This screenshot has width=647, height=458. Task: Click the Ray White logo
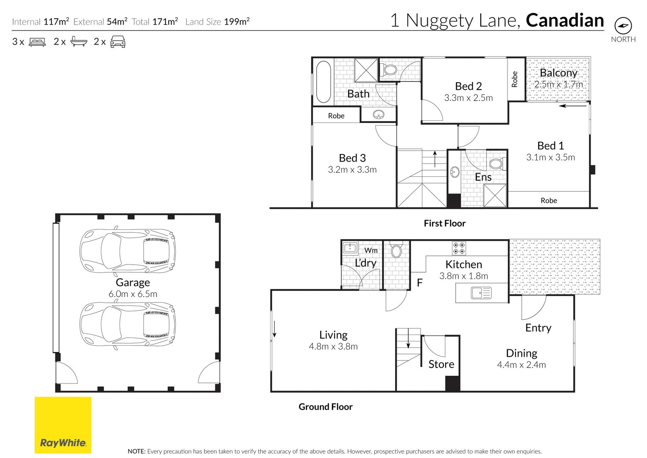pos(63,425)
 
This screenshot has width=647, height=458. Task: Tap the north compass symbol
pos(623,26)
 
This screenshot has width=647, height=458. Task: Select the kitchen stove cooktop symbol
pos(459,248)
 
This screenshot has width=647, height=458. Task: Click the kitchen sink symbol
pos(481,293)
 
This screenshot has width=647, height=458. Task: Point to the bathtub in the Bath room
pos(323,82)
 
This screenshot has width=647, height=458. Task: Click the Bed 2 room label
pos(468,86)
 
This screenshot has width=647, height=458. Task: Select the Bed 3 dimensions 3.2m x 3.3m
pos(352,170)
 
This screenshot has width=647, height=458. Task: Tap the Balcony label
pos(558,73)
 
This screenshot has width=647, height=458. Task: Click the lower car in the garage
pos(128,324)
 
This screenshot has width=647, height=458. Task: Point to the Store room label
pos(441,364)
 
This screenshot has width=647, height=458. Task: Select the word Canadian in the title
pos(564,20)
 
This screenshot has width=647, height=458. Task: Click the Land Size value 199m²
pos(237,22)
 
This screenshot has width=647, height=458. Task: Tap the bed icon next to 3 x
pos(37,42)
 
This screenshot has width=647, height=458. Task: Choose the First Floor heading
pos(444,223)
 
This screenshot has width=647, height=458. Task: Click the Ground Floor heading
pos(325,407)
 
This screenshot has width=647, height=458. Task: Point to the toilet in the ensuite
pos(495,164)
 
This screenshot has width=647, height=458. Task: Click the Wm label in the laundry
pos(371,250)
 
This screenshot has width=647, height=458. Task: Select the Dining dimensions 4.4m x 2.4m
pos(521,365)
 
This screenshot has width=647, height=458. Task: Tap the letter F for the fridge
pos(419,283)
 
